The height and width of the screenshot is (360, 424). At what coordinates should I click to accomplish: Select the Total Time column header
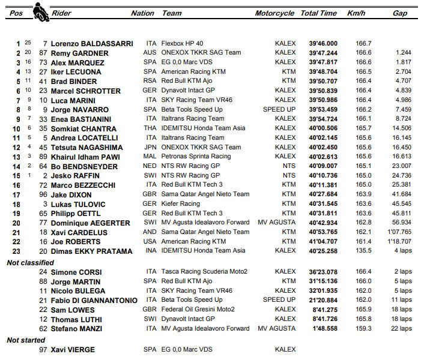pyautogui.click(x=318, y=13)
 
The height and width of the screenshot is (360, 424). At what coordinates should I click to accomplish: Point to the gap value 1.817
pyautogui.click(x=403, y=62)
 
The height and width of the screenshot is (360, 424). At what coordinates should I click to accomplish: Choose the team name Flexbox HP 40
pyautogui.click(x=185, y=44)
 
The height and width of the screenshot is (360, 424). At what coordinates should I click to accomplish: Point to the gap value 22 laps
pyautogui.click(x=399, y=328)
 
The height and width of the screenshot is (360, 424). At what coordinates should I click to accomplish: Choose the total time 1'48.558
pyautogui.click(x=323, y=328)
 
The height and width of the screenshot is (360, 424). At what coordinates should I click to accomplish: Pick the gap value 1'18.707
pyautogui.click(x=399, y=241)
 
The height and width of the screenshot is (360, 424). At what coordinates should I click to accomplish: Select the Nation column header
pyautogui.click(x=142, y=13)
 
